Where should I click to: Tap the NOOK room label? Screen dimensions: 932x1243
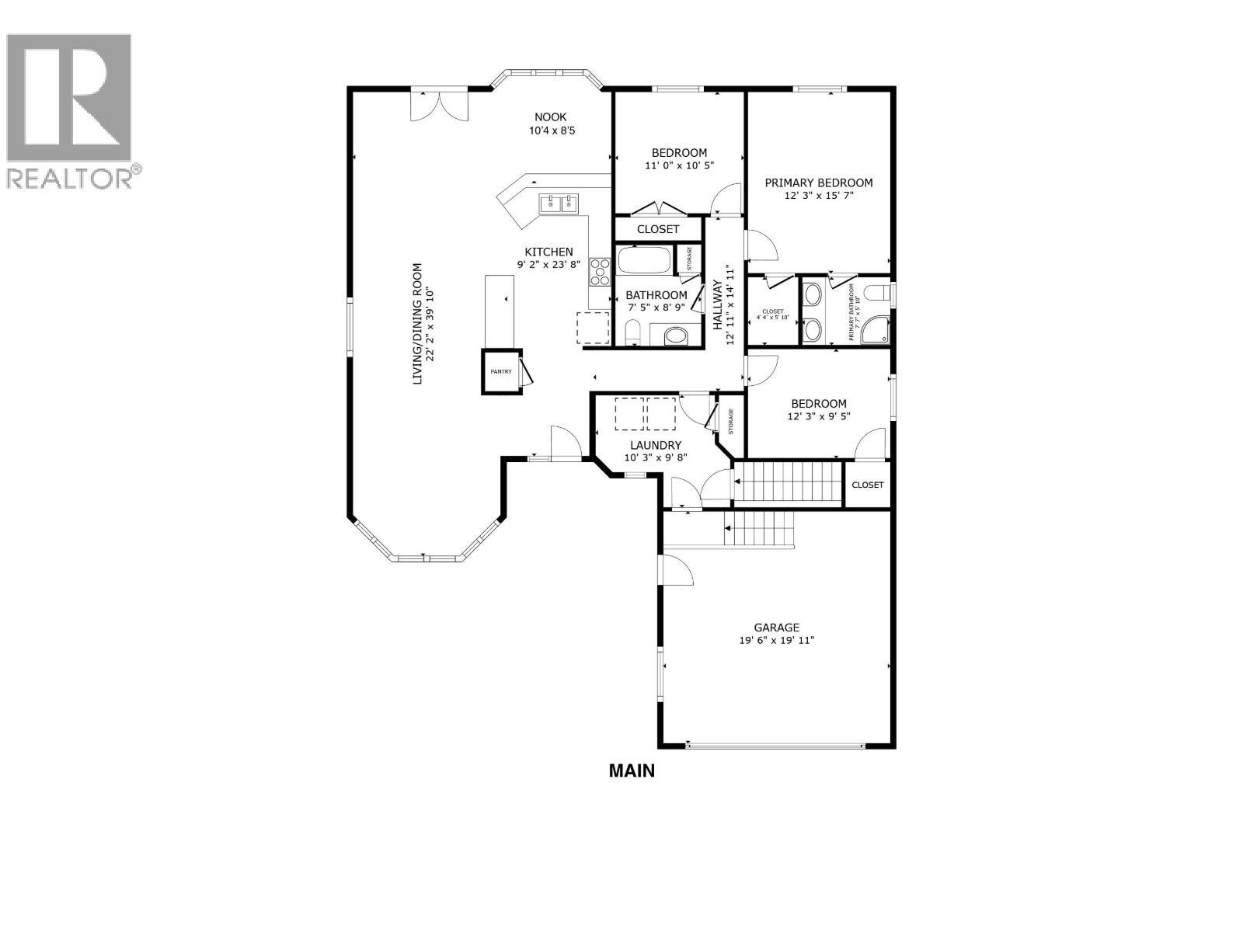(551, 117)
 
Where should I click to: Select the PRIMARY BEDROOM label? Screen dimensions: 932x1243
(819, 183)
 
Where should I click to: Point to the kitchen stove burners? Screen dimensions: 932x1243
(599, 273)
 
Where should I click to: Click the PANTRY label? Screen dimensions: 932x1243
(501, 371)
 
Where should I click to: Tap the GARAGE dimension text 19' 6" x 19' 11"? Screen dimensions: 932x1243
(776, 641)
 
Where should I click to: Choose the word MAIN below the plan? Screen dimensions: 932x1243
(632, 771)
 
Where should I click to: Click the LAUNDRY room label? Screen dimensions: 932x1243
(656, 445)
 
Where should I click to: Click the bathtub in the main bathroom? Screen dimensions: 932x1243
(644, 260)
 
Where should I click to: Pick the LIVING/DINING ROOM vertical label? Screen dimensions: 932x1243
(417, 324)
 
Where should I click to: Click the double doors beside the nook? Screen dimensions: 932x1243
(440, 106)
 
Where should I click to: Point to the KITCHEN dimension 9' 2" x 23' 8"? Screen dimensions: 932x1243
(548, 264)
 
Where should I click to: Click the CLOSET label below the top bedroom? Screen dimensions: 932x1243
(658, 229)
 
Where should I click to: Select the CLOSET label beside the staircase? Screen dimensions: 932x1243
(867, 485)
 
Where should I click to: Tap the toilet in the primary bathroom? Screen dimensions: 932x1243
(876, 293)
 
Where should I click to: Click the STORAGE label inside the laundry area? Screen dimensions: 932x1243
(731, 421)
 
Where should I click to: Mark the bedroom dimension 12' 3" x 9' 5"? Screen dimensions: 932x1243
(819, 416)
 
